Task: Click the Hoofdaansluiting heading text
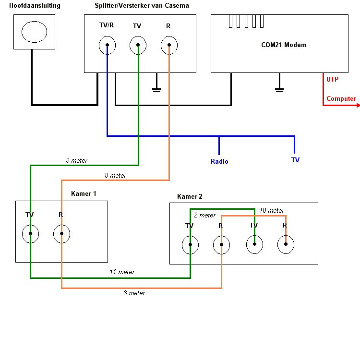35,5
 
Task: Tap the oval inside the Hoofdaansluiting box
34,21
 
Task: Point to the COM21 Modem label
284,45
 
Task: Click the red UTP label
333,79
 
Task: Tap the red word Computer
341,99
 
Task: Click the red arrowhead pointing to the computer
358,106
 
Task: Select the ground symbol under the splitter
156,90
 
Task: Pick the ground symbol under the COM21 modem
279,90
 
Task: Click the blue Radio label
219,161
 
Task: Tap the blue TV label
295,160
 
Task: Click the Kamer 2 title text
190,196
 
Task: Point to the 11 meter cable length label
122,272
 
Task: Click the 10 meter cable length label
272,210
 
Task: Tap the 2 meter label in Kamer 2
205,215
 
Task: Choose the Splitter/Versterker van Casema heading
142,5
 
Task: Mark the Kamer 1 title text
84,193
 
